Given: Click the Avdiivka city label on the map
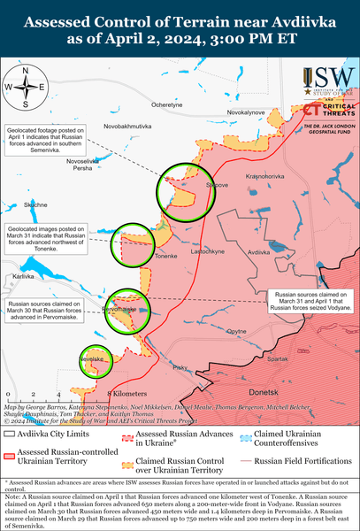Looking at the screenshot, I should [258, 253].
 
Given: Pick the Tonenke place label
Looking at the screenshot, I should [166, 257].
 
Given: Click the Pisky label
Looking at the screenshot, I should [180, 367].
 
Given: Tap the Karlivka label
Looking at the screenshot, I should [22, 277].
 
